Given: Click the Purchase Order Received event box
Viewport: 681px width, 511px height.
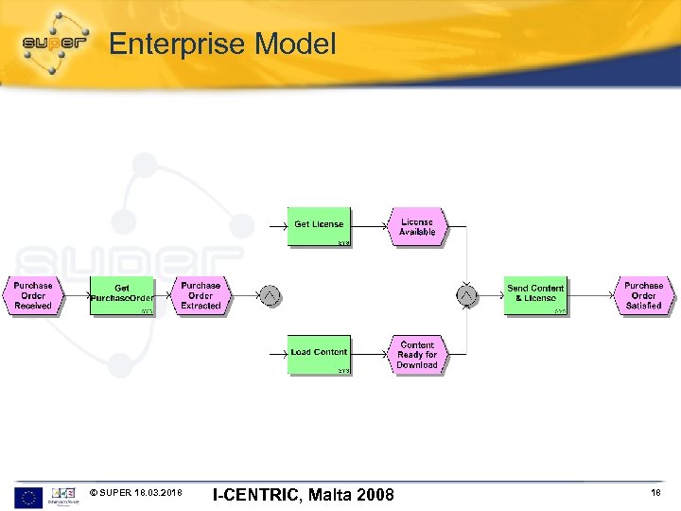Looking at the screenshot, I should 33,296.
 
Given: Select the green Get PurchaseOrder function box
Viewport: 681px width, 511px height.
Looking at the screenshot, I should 121,296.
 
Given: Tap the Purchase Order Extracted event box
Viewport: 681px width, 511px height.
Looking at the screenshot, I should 201,296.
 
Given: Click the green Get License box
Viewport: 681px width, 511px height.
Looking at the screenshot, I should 319,225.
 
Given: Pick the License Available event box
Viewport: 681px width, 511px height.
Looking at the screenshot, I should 416,227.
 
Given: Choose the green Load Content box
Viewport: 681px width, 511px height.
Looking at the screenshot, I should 319,353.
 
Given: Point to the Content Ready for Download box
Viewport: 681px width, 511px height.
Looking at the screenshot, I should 416,355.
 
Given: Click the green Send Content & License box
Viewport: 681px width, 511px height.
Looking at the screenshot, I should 535,293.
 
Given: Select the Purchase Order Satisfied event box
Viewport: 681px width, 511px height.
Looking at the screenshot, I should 644,296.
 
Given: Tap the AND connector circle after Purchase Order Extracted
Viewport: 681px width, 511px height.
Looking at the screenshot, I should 271,296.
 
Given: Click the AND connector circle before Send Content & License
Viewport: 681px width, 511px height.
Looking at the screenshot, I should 466,296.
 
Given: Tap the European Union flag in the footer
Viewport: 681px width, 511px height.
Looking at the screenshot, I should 27,495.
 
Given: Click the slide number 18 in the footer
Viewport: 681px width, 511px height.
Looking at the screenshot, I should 655,494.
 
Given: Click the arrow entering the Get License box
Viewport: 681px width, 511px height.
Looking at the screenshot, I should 277,225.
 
